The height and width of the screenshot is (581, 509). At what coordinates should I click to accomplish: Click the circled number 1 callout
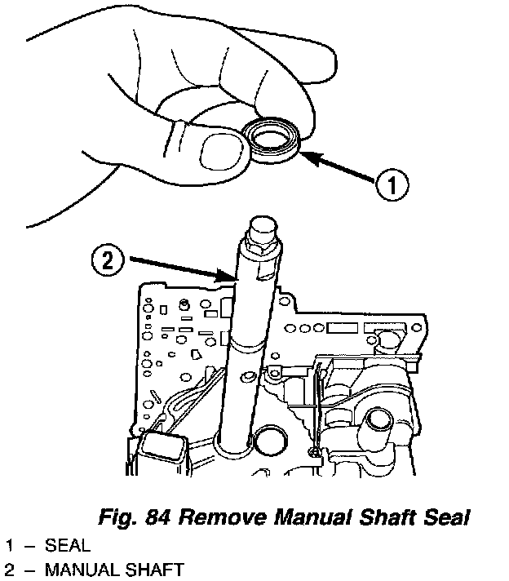[x=392, y=184]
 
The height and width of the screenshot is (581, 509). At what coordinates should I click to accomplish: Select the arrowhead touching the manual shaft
[x=224, y=276]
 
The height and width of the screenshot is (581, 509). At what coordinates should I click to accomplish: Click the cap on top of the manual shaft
[x=263, y=226]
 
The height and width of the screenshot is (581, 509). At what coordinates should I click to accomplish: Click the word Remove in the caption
[x=223, y=517]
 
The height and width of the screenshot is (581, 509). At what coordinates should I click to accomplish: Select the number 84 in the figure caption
[x=157, y=517]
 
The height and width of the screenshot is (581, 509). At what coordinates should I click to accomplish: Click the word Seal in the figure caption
[x=448, y=517]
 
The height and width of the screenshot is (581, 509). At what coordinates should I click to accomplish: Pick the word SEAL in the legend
[x=68, y=545]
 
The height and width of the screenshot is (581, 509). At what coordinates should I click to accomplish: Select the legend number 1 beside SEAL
[x=10, y=545]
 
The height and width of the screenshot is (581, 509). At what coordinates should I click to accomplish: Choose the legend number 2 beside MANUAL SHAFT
[x=9, y=570]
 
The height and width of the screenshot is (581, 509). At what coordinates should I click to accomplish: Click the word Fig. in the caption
[x=118, y=517]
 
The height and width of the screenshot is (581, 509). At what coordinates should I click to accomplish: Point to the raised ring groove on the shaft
[x=246, y=346]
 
